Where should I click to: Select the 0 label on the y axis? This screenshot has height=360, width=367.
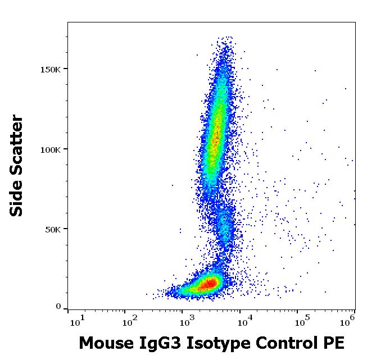pos(58,307)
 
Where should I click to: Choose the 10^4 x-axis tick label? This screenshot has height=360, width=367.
pos(245,321)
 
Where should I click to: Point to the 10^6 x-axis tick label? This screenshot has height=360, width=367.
pos(348,321)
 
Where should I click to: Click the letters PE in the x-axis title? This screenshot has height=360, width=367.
pos(332,343)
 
